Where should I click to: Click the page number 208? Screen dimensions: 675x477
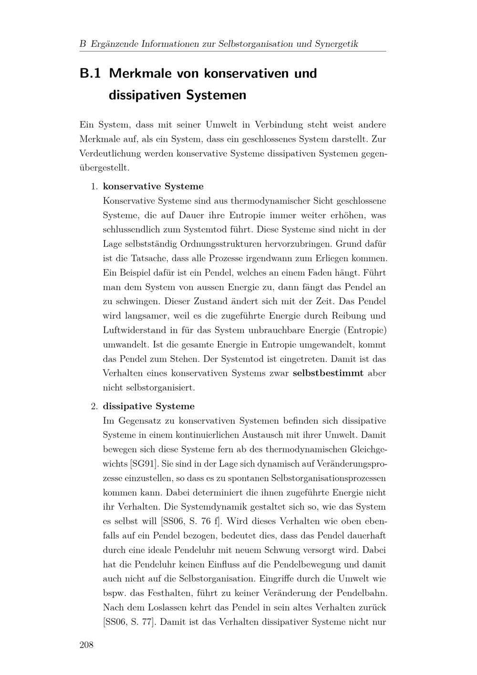(x=86, y=645)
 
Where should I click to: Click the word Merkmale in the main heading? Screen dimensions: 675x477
(x=141, y=74)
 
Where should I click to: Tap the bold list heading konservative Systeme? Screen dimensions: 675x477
(x=153, y=186)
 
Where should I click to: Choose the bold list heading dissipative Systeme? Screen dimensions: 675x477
(x=149, y=406)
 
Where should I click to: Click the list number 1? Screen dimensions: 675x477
(x=94, y=186)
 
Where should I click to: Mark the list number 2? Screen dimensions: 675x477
(x=94, y=406)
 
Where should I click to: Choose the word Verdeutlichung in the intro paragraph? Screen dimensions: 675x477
(x=110, y=154)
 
